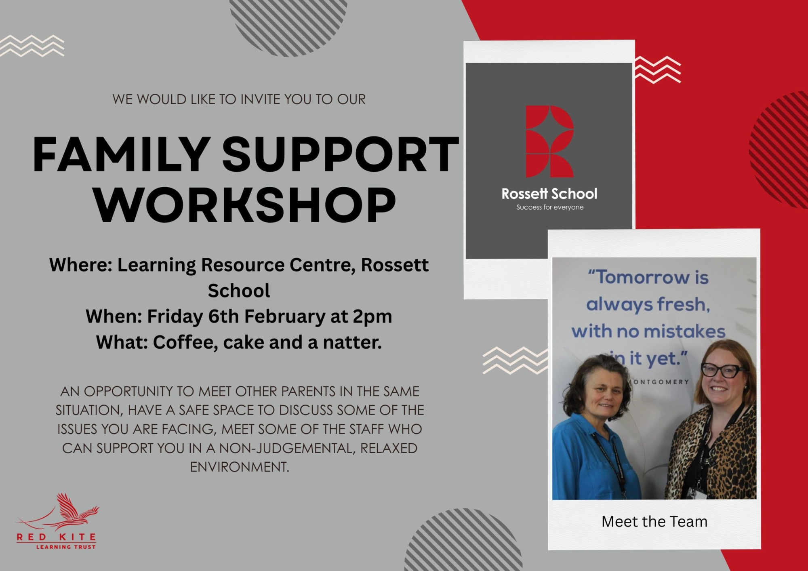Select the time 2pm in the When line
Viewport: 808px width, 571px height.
click(372, 316)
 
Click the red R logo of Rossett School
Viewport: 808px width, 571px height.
click(549, 141)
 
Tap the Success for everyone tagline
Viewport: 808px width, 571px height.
click(550, 207)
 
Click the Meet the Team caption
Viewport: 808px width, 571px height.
click(654, 522)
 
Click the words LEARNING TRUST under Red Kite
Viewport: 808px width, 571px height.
click(66, 547)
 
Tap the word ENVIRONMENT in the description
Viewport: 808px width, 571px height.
click(239, 467)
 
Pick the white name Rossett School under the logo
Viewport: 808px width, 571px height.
click(549, 194)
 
